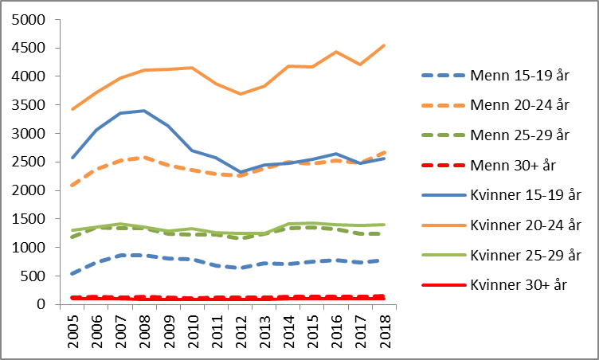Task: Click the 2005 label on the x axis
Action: point(74,327)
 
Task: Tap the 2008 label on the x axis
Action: point(143,327)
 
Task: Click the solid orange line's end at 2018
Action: point(385,45)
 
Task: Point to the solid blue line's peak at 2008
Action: point(143,111)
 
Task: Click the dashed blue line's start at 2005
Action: point(73,273)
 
